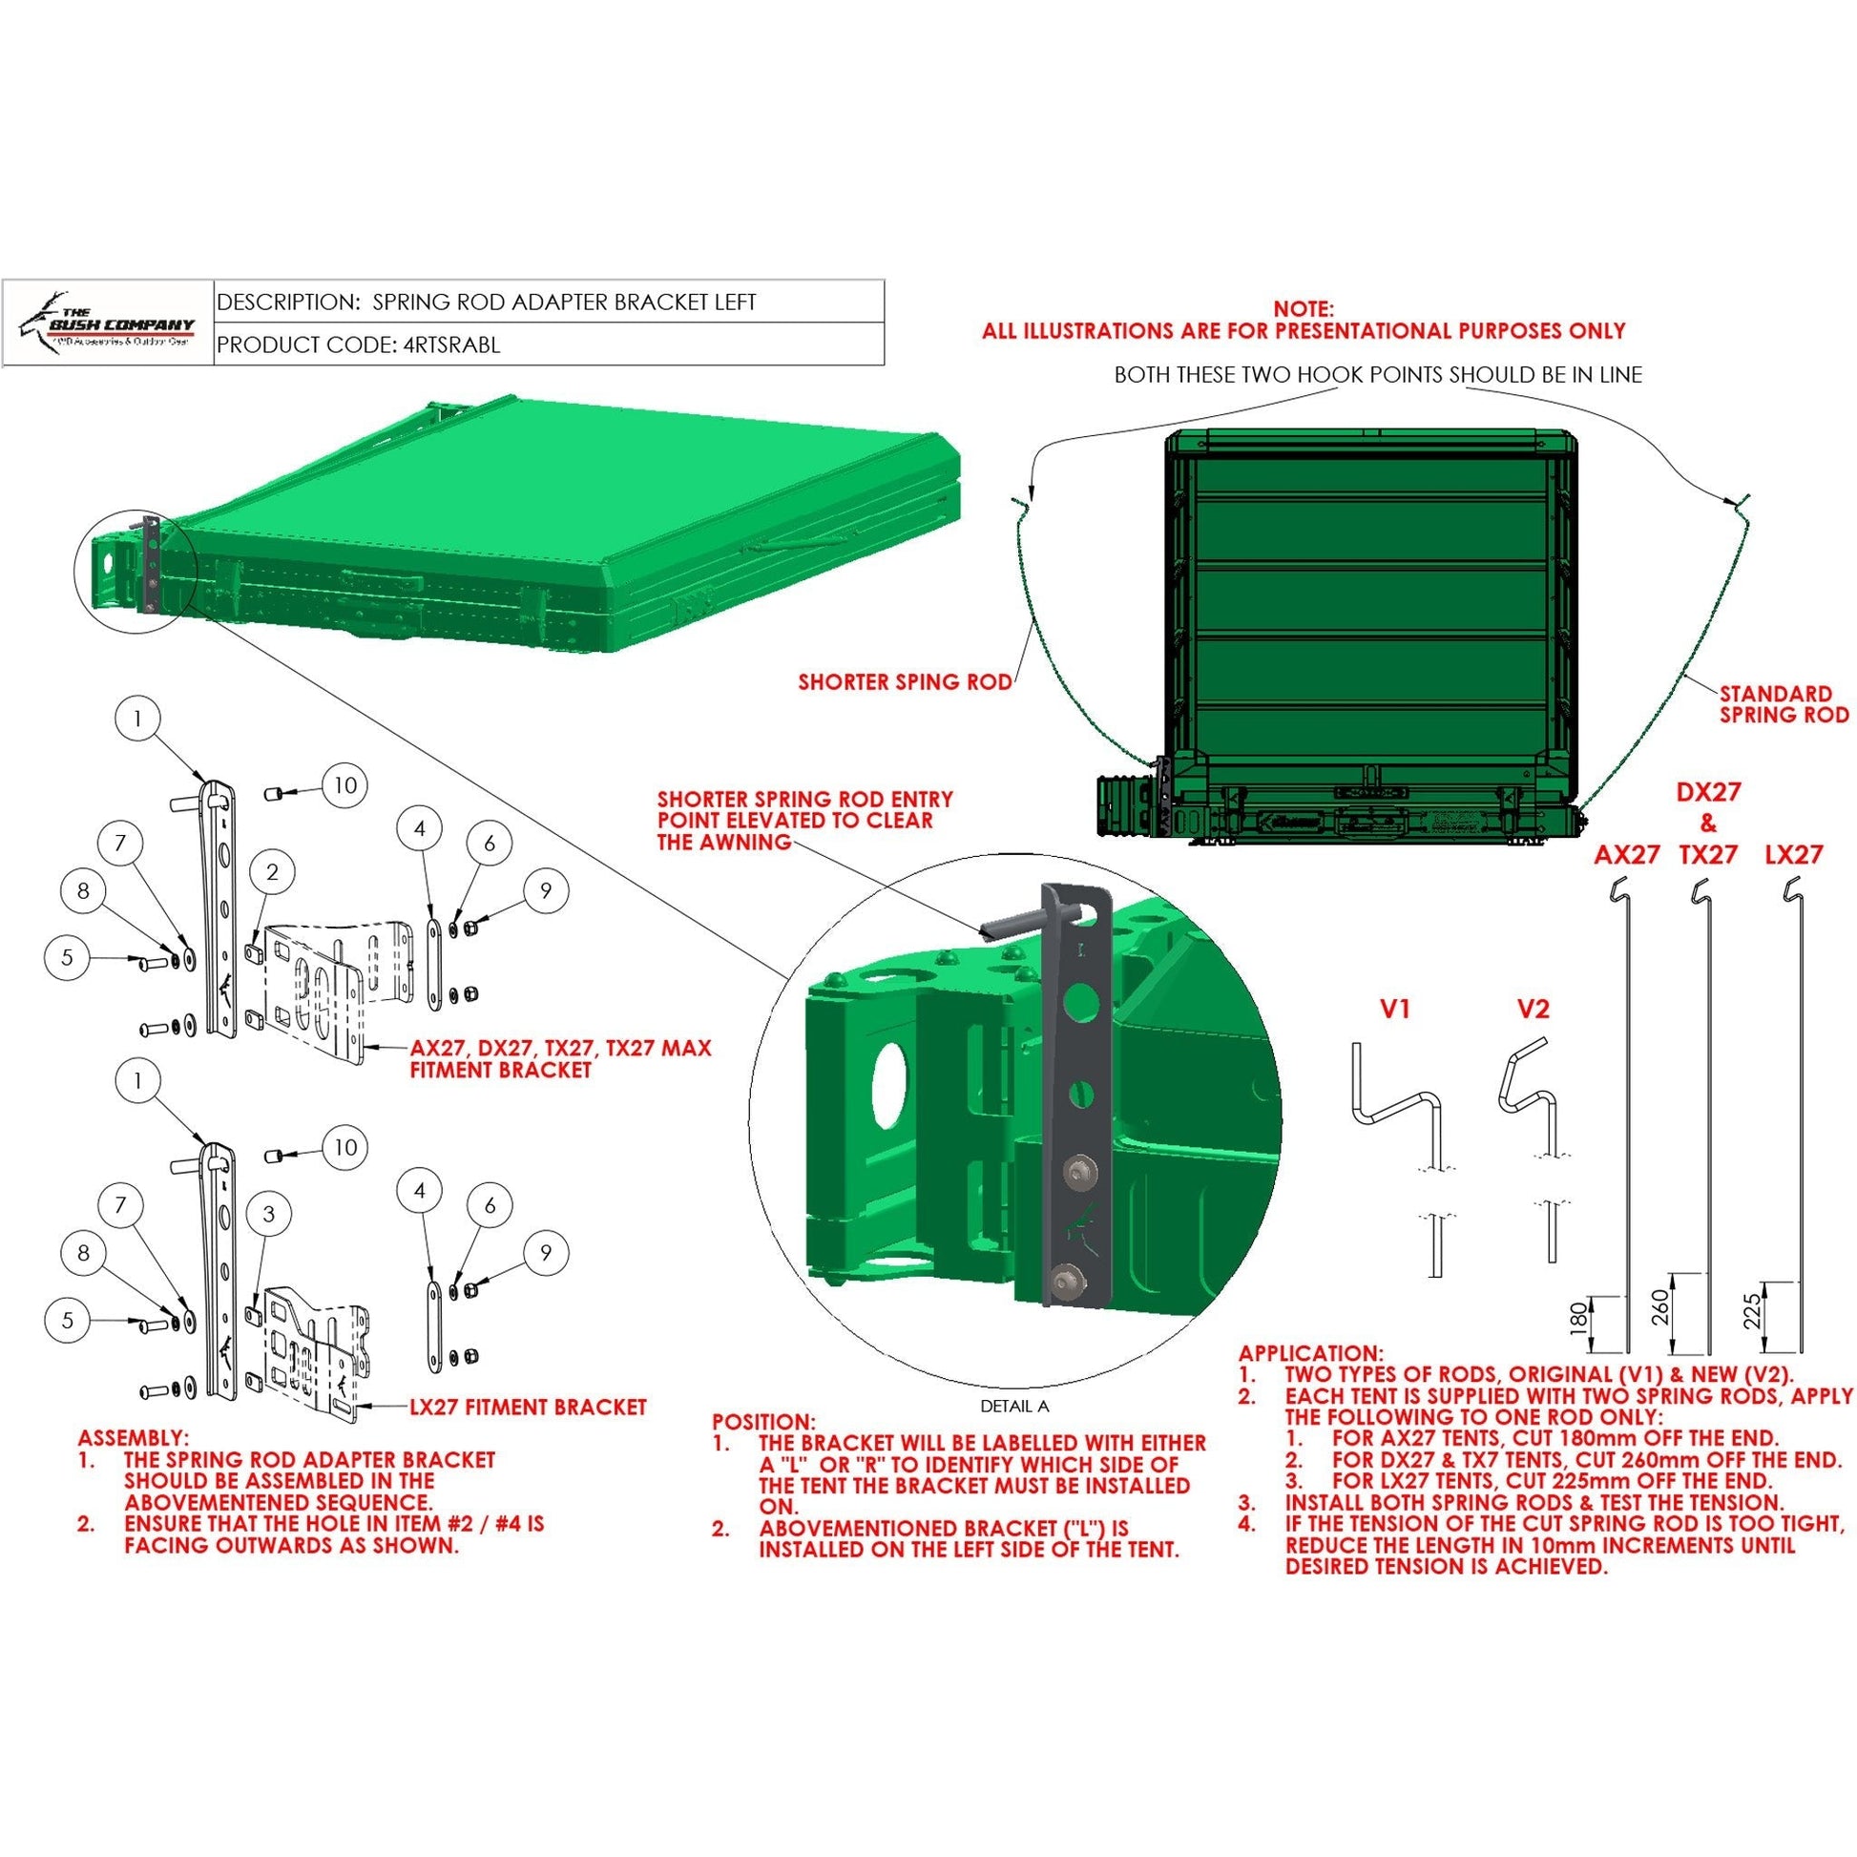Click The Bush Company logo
[108, 322]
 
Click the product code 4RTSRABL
[448, 345]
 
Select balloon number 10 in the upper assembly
[345, 785]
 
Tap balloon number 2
[273, 872]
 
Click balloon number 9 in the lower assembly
[546, 1252]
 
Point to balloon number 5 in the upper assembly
[68, 957]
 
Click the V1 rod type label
[1395, 1010]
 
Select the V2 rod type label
[1534, 1010]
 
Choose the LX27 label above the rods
[1794, 854]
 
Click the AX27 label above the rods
[1626, 854]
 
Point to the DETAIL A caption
[1014, 1406]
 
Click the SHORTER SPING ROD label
[905, 682]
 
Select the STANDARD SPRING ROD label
[1784, 703]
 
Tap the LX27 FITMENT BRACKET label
[528, 1408]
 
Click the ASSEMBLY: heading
[134, 1438]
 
